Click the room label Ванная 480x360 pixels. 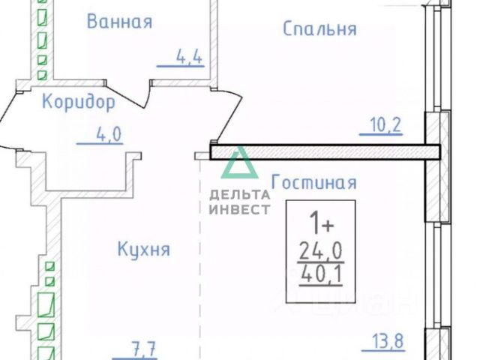[x=119, y=21]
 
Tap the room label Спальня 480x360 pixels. [x=319, y=28]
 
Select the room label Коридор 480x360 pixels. [x=79, y=101]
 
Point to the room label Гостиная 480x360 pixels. [x=313, y=182]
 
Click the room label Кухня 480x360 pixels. [x=144, y=249]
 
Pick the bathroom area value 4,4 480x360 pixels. [x=190, y=57]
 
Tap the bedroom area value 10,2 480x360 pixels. [x=386, y=124]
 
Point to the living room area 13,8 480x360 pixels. [x=388, y=342]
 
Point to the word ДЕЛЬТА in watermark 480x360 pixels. [x=240, y=195]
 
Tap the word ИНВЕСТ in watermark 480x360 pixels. [x=240, y=209]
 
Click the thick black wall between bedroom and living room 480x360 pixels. [x=322, y=153]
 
